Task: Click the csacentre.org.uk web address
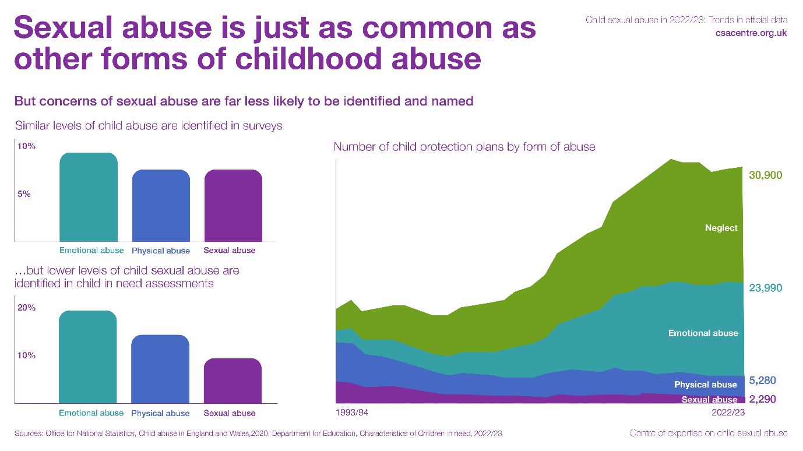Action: pyautogui.click(x=751, y=33)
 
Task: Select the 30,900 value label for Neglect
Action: pyautogui.click(x=765, y=175)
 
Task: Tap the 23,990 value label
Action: pyautogui.click(x=765, y=288)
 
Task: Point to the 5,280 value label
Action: pyautogui.click(x=762, y=380)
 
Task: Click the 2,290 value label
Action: pyautogui.click(x=762, y=400)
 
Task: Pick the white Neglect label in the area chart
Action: pyautogui.click(x=721, y=228)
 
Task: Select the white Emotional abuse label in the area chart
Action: pyautogui.click(x=703, y=333)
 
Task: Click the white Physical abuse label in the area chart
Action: pyautogui.click(x=705, y=385)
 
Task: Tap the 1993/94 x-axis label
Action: pyautogui.click(x=352, y=413)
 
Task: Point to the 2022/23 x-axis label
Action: pyautogui.click(x=727, y=413)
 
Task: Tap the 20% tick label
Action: pyautogui.click(x=26, y=308)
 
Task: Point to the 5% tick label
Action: pyautogui.click(x=23, y=194)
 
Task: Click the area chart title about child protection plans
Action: pyautogui.click(x=464, y=147)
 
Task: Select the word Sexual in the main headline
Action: pyautogui.click(x=69, y=28)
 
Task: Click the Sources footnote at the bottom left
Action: pyautogui.click(x=258, y=434)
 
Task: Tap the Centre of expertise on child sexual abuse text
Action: pyautogui.click(x=709, y=433)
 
